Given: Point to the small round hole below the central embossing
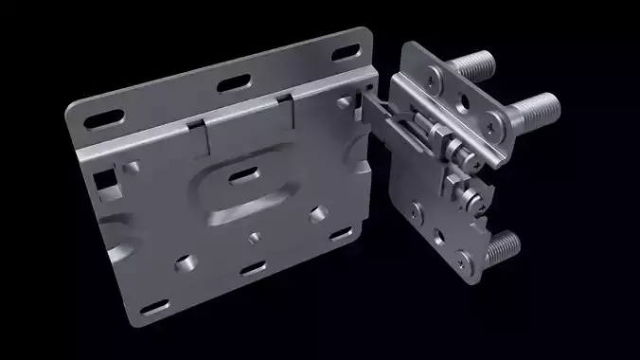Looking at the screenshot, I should (254, 234).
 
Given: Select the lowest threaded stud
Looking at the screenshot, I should (502, 248).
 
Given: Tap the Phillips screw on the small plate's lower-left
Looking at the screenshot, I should (418, 206).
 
